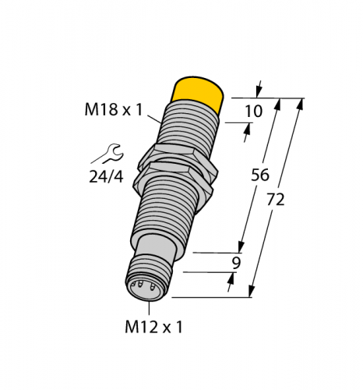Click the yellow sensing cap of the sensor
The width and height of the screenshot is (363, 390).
(x=198, y=93)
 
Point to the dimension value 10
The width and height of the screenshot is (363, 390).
(x=253, y=112)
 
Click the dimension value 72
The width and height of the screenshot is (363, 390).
(x=275, y=199)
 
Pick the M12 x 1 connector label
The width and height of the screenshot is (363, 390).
(x=155, y=327)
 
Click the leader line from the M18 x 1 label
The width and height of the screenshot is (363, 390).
(x=156, y=119)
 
